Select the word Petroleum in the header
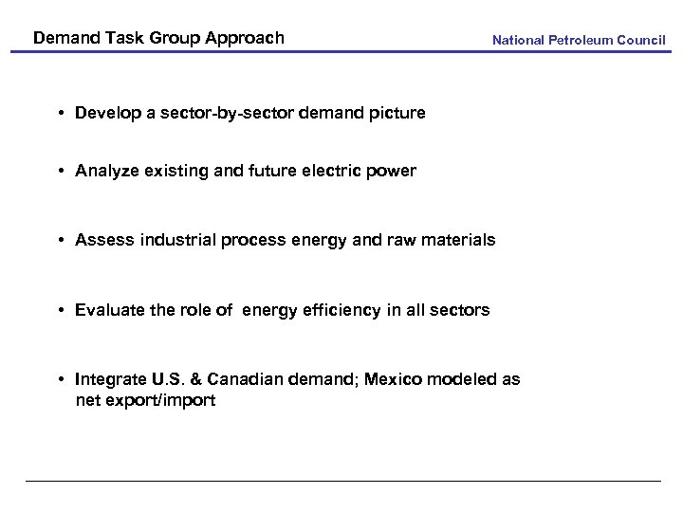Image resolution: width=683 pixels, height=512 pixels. click(x=581, y=41)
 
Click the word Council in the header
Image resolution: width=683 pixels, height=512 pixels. click(x=640, y=41)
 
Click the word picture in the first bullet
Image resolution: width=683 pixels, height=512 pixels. click(x=397, y=113)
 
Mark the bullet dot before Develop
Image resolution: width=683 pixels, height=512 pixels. click(x=60, y=113)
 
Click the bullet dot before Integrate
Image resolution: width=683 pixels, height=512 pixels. click(x=60, y=379)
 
